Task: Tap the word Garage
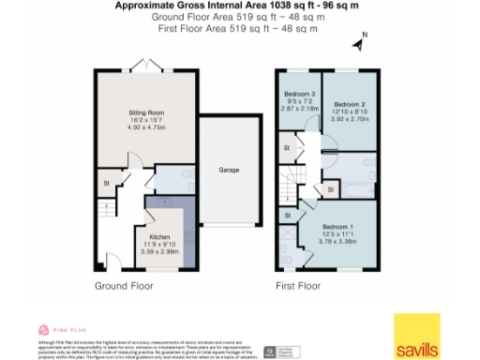[229, 170]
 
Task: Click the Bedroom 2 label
[348, 103]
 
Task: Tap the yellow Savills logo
[414, 337]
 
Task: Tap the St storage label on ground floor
[107, 183]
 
